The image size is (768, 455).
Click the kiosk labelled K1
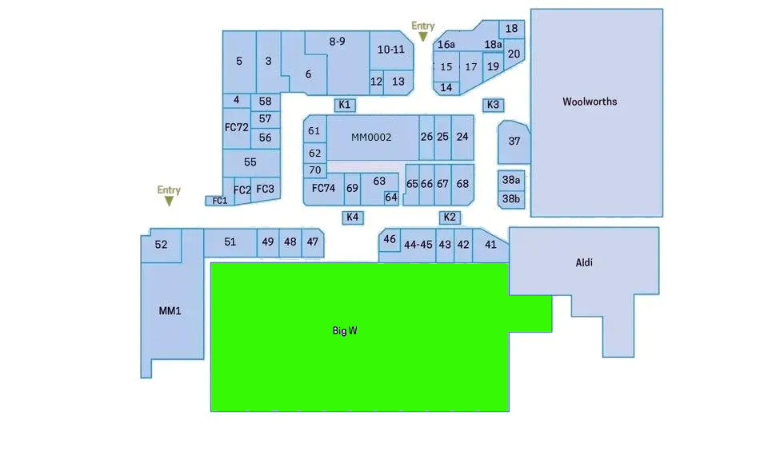pyautogui.click(x=345, y=105)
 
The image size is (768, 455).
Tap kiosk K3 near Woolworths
pyautogui.click(x=493, y=105)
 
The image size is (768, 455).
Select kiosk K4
pyautogui.click(x=352, y=218)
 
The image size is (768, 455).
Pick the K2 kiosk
pyautogui.click(x=450, y=218)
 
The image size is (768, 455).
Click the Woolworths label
pyautogui.click(x=590, y=102)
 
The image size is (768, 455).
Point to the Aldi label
pyautogui.click(x=585, y=262)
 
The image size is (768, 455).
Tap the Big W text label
pyautogui.click(x=345, y=330)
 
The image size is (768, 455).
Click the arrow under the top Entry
pyautogui.click(x=423, y=37)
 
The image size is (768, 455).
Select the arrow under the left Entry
pyautogui.click(x=169, y=201)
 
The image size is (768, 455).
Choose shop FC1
pyautogui.click(x=218, y=201)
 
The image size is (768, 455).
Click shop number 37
pyautogui.click(x=514, y=141)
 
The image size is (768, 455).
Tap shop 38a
pyautogui.click(x=510, y=179)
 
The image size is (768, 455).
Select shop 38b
pyautogui.click(x=510, y=198)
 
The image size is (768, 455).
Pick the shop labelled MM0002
pyautogui.click(x=371, y=137)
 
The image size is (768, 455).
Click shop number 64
pyautogui.click(x=391, y=198)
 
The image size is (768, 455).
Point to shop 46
pyautogui.click(x=390, y=239)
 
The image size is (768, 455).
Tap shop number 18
pyautogui.click(x=512, y=29)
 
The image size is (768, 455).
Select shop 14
pyautogui.click(x=446, y=88)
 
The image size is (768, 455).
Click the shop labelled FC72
pyautogui.click(x=237, y=127)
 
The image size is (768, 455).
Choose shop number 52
pyautogui.click(x=161, y=245)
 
